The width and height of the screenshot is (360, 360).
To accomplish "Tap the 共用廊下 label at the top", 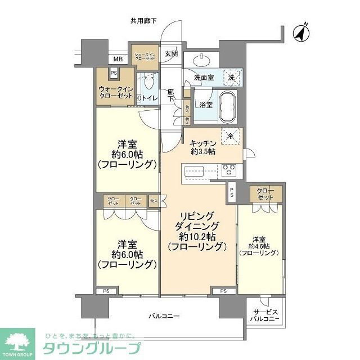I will click(143, 21).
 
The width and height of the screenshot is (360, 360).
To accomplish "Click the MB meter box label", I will click(118, 59).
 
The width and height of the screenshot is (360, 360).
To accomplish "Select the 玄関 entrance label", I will click(171, 54).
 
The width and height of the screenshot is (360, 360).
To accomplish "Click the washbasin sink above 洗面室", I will click(202, 60).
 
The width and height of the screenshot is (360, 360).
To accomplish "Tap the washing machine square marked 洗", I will click(231, 77).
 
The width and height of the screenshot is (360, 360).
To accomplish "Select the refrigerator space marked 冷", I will click(231, 135).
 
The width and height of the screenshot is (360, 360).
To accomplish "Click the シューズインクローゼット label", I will click(144, 56).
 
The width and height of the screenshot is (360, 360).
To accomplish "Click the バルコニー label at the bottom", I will click(164, 316).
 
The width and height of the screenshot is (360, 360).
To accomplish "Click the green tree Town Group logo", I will click(20, 340).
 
